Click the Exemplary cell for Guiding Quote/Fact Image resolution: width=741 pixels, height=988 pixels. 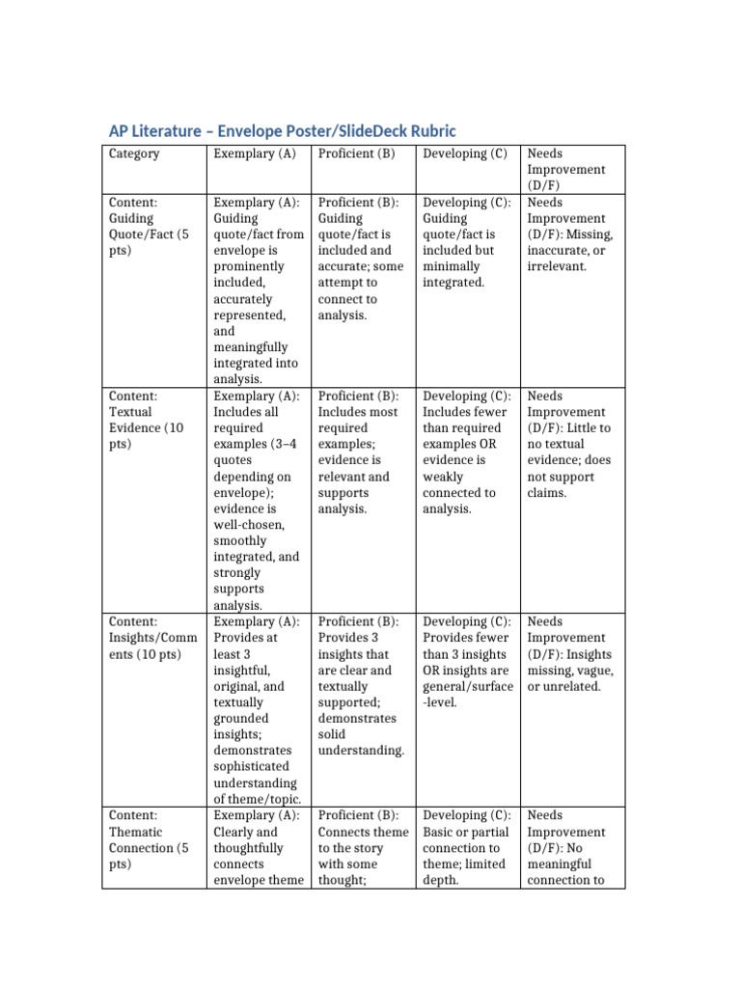pyautogui.click(x=257, y=290)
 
